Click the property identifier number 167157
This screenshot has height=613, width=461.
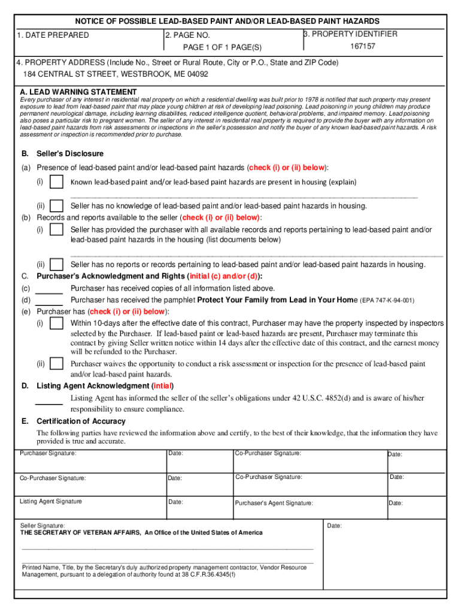pos(362,46)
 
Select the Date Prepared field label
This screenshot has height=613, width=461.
pos(53,35)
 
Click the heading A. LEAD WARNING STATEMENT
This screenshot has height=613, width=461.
pos(78,92)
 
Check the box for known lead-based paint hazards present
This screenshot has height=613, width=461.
pos(57,181)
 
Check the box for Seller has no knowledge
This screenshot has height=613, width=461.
pos(57,205)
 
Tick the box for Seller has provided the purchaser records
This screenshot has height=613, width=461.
pos(57,229)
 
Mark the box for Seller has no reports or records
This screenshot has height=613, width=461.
pos(57,264)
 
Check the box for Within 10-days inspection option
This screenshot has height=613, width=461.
pos(57,323)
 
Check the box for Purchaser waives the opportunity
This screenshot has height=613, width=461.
pos(57,363)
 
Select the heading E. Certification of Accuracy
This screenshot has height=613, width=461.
pos(81,421)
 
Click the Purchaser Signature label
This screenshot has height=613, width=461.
pos(48,453)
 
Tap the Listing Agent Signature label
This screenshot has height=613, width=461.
pos(51,501)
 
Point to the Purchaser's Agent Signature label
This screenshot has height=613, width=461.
pos(274,503)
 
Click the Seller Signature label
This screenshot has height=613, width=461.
pos(43,525)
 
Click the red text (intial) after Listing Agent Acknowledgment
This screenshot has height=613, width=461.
pos(163,386)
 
